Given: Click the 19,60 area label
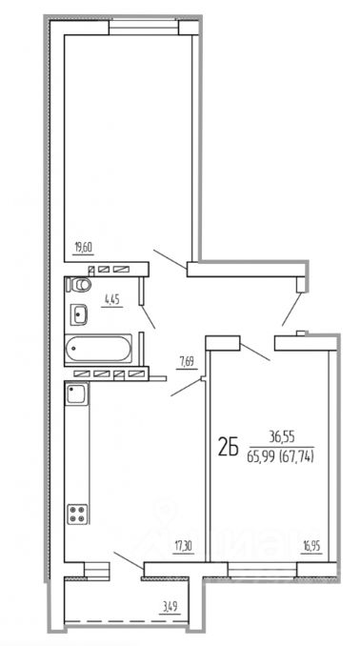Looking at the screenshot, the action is click(x=84, y=248).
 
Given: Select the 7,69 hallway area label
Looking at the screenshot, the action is click(x=186, y=362).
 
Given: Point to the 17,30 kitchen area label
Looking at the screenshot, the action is click(x=183, y=547).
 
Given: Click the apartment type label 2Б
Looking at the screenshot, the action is click(x=229, y=448).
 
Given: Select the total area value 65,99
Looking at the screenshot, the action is click(x=261, y=456).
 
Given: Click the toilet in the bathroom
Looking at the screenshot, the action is click(x=79, y=284).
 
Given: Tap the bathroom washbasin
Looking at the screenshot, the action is click(x=78, y=314).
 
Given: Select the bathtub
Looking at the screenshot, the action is click(x=98, y=349).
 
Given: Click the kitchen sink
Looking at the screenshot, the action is click(x=76, y=394).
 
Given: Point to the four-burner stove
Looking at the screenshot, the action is click(x=77, y=514).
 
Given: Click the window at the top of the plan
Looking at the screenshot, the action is click(x=144, y=28).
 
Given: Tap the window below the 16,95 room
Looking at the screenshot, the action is click(x=262, y=570).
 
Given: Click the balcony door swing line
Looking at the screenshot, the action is click(x=129, y=560).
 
